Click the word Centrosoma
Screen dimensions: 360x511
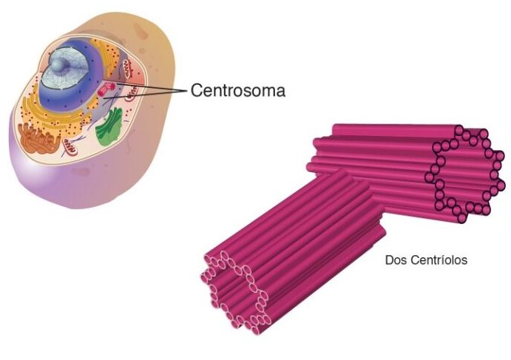coord(237,91)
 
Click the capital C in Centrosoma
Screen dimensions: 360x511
coord(197,91)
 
